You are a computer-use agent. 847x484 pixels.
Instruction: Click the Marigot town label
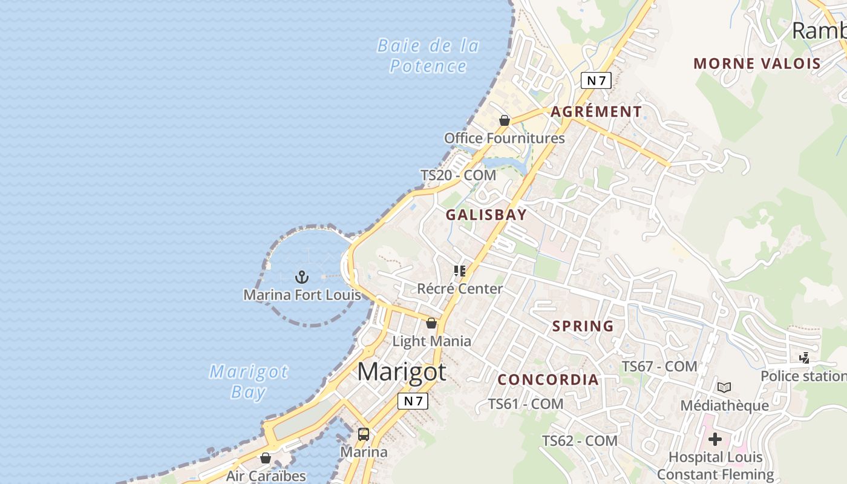402,371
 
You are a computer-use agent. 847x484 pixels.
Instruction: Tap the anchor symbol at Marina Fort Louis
301,277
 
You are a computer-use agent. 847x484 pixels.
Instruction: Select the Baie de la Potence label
428,56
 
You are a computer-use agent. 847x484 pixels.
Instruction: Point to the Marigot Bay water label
249,382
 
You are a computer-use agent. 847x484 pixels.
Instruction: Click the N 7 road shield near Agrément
596,80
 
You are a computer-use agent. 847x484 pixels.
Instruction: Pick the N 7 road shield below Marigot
413,401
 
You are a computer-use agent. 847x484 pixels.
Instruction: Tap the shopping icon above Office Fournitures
505,120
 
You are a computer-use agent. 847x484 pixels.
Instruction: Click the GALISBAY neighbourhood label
486,215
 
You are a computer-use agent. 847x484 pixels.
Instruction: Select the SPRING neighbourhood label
583,326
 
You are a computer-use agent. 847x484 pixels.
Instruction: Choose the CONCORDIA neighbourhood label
548,380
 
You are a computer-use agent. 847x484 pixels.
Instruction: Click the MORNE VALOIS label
757,64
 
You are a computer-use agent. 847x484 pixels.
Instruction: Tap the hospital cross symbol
715,439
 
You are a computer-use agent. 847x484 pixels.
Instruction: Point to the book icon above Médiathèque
724,387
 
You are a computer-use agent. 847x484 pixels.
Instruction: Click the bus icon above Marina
364,434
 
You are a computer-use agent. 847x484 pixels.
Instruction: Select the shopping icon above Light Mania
431,323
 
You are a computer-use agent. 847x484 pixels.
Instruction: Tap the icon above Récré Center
460,270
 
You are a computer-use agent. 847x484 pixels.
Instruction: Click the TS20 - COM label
458,175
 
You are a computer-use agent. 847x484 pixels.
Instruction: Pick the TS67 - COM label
659,366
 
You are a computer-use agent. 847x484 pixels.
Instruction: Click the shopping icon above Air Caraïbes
266,458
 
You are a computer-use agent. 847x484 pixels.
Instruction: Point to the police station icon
804,358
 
